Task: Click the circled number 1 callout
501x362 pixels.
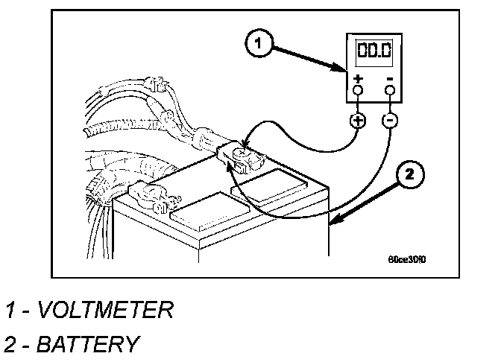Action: [x=257, y=45]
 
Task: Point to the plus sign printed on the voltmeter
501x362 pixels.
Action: [x=358, y=77]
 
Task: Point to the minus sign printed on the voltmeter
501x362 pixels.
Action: [x=389, y=77]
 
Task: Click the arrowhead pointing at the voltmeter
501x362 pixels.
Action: [x=341, y=70]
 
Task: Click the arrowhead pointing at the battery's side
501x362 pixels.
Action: [x=335, y=220]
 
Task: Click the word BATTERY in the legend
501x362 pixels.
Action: [x=87, y=344]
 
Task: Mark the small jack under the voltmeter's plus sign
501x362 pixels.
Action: [x=358, y=91]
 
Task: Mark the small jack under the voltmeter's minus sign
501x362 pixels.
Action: [x=389, y=91]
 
